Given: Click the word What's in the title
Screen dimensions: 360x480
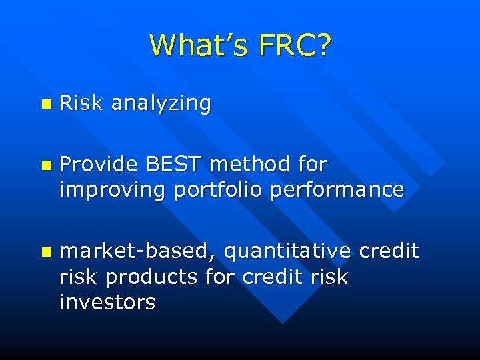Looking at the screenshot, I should tap(198, 45).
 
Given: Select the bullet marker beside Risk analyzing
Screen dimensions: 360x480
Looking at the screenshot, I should tap(45, 104).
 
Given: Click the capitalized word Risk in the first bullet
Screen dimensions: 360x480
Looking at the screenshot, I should tap(81, 103).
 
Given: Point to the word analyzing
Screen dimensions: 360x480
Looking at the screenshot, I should tap(161, 103).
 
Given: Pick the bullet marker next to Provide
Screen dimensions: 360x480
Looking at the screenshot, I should tap(45, 165).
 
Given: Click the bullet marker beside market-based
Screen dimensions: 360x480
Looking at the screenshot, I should tap(45, 252).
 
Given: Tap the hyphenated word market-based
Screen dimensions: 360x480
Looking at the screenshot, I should tap(137, 251).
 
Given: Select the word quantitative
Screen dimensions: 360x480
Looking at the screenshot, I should tap(287, 251).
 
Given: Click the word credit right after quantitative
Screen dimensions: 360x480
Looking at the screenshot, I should tap(389, 251).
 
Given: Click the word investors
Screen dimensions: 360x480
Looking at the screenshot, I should tap(107, 302).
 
